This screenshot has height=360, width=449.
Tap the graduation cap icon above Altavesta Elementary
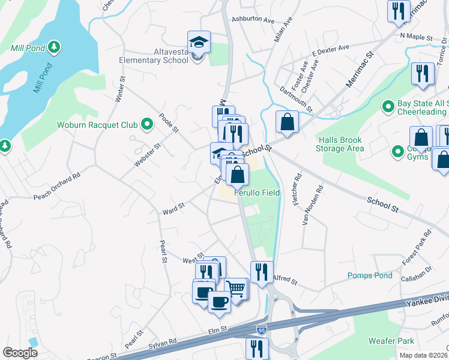(199, 43)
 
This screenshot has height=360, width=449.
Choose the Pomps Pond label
(370, 275)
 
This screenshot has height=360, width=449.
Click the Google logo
(20, 352)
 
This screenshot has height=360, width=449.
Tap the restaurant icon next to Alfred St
(261, 272)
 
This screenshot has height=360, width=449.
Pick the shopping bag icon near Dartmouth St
(288, 122)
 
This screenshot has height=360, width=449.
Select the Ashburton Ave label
(252, 19)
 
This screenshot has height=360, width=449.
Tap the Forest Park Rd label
(417, 242)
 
